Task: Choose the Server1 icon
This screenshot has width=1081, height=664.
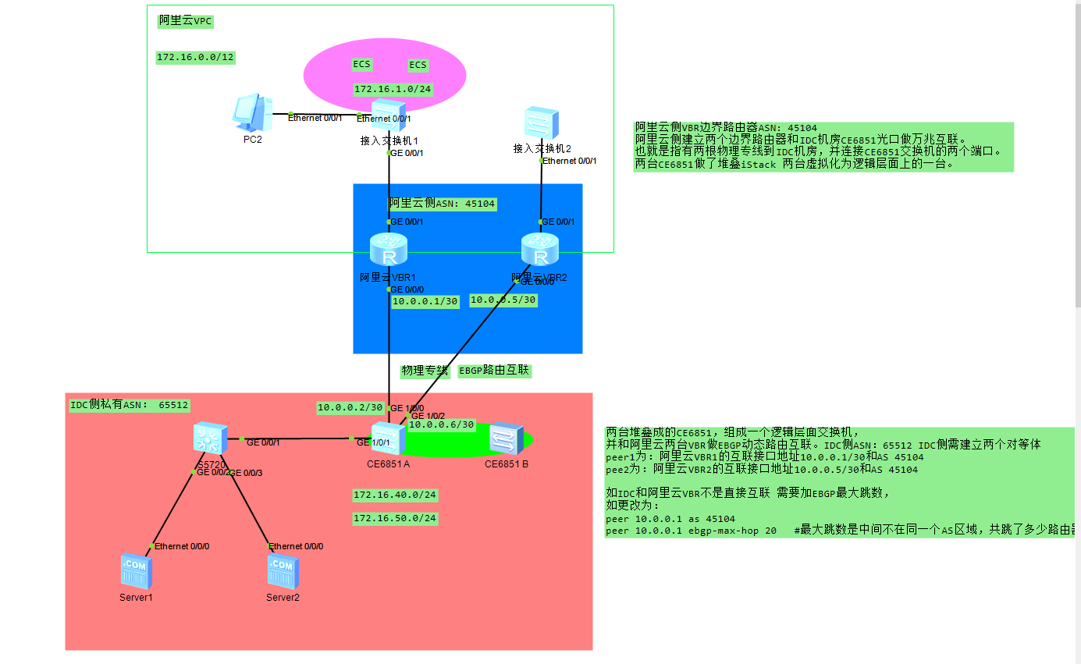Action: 136,571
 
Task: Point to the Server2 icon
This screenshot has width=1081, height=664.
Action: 283,571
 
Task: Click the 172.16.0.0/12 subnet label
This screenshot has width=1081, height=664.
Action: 196,57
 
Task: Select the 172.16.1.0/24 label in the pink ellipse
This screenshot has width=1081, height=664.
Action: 393,89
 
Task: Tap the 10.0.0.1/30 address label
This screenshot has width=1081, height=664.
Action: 425,301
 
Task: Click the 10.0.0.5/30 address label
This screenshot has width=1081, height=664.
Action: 503,300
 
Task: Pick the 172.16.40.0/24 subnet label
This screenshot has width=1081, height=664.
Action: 395,495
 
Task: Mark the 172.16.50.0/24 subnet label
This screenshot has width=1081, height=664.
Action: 395,518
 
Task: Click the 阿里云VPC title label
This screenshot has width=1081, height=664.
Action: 185,21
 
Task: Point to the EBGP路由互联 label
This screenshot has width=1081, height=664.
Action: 494,371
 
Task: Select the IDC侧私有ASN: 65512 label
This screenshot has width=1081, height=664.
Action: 130,405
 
